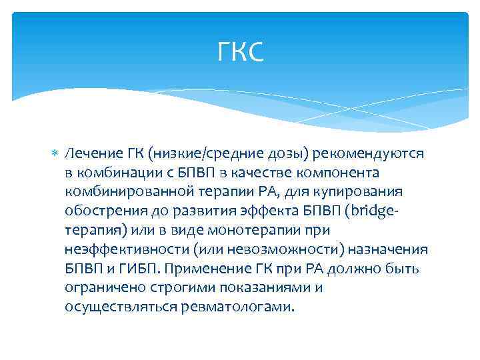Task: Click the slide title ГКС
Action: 241,52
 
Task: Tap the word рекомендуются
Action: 375,154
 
